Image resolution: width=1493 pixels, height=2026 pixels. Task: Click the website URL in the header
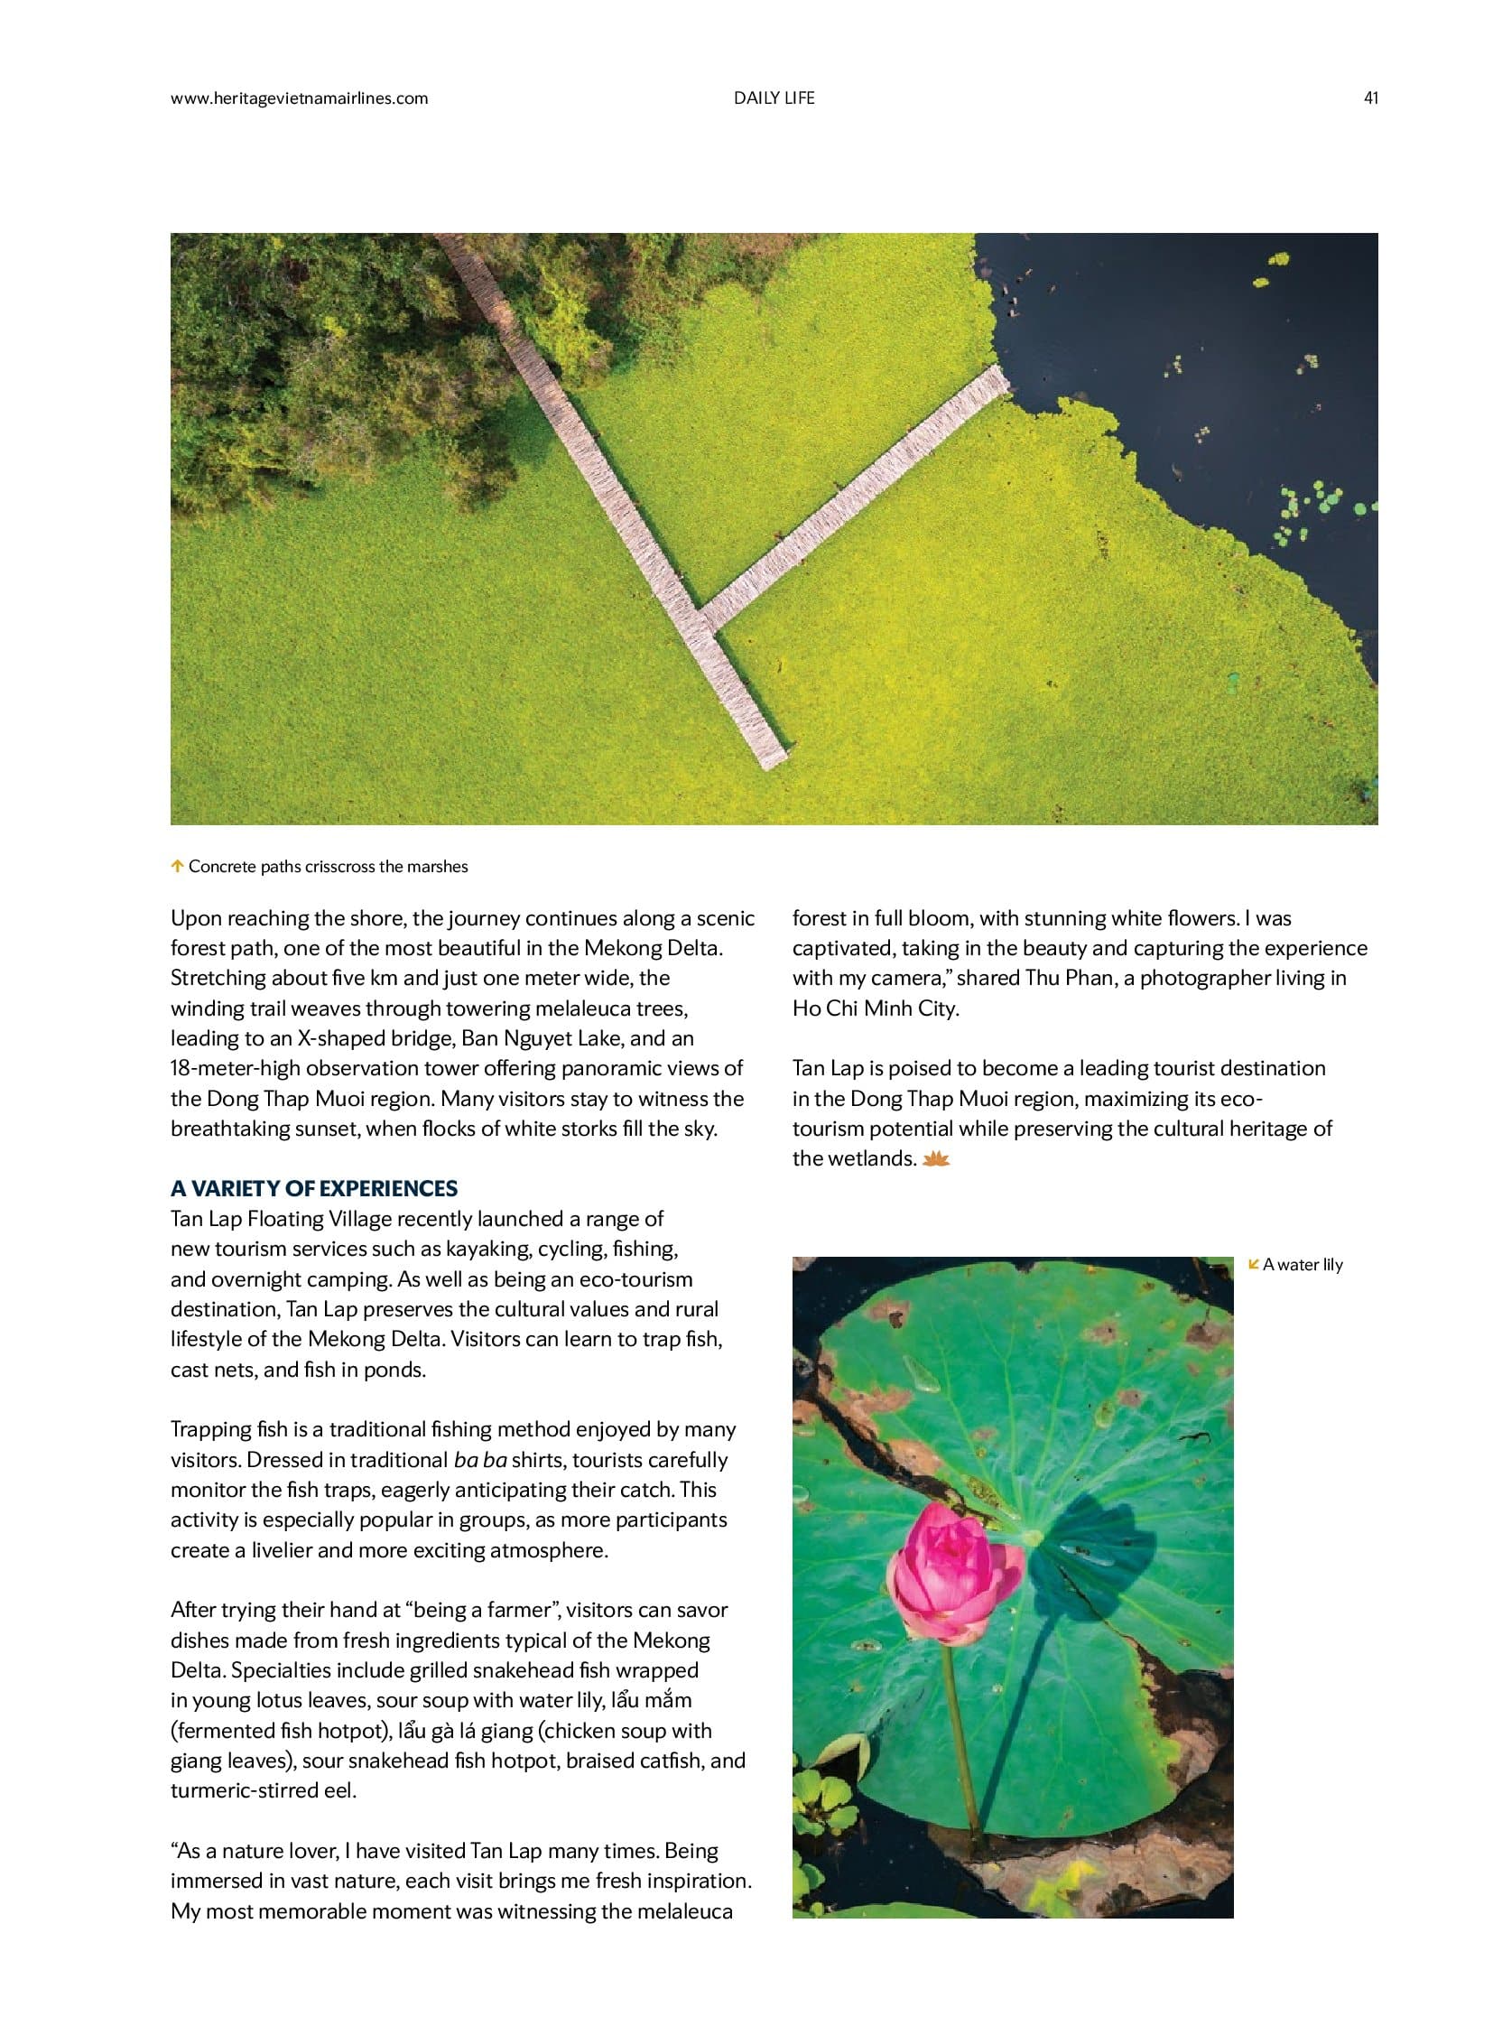coord(299,98)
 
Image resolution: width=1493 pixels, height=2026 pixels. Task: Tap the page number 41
coord(1370,98)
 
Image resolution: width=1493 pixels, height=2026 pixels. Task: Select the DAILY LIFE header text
coord(774,98)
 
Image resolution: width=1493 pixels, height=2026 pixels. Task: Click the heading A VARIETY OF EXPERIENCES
coord(313,1188)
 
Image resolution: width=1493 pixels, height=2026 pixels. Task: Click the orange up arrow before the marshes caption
coord(177,866)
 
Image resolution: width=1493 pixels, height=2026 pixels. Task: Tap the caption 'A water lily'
coord(1303,1265)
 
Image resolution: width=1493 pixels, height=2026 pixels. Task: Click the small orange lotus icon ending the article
coord(936,1159)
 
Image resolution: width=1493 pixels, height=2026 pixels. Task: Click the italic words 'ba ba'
coord(480,1459)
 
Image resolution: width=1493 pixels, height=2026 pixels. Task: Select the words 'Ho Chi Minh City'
coord(875,1008)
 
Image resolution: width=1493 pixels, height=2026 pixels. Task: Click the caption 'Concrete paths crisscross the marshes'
coord(328,866)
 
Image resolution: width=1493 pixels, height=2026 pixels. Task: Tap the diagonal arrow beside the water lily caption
coord(1254,1264)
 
